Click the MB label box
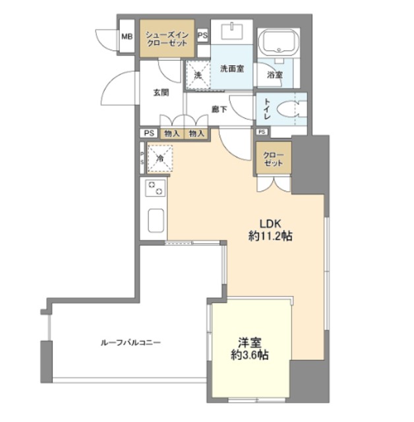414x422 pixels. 126,37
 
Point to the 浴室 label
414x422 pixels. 274,75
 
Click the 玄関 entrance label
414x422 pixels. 162,93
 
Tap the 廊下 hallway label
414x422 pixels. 220,109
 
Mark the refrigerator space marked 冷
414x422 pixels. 159,158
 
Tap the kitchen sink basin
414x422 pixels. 155,220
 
